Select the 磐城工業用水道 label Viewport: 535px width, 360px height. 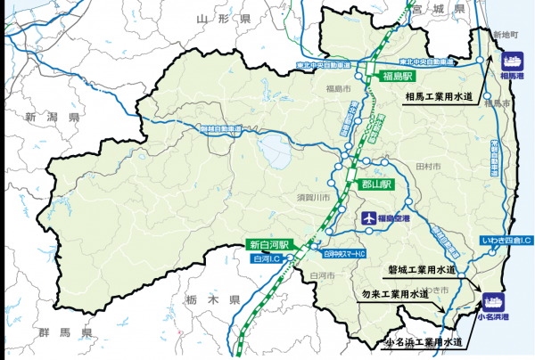[421, 268]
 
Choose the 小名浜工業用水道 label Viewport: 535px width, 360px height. [424, 341]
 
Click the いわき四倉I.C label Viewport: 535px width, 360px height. [506, 241]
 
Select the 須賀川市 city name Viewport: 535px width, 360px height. [313, 197]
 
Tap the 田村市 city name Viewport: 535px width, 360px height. [424, 167]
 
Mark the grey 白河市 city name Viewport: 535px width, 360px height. [319, 275]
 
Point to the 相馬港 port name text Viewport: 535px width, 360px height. [512, 77]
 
